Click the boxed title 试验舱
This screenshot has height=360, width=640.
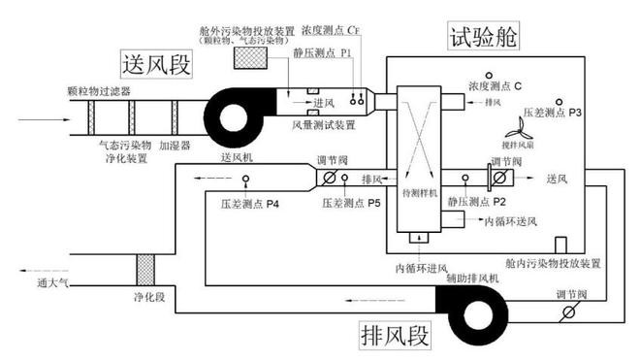[483, 37]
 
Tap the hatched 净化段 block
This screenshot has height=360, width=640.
[145, 269]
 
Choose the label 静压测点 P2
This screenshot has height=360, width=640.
[476, 202]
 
